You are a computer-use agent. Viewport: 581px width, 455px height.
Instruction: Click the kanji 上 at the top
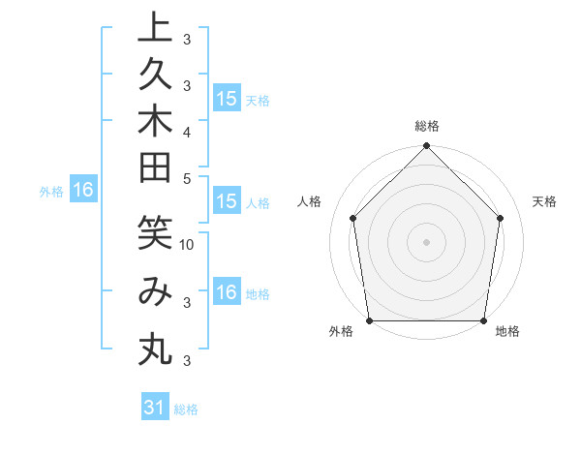[155, 28]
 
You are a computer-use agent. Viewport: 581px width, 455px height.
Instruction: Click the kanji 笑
[155, 235]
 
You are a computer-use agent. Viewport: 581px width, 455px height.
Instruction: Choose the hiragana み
[155, 292]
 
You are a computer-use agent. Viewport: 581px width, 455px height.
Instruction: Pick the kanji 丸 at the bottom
[155, 349]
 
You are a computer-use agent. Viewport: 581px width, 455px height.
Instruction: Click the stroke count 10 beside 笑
[188, 245]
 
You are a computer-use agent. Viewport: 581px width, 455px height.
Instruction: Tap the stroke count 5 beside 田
[187, 178]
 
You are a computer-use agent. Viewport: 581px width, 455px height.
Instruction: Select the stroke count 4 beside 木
[187, 131]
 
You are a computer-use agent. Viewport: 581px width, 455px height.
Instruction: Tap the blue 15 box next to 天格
[227, 99]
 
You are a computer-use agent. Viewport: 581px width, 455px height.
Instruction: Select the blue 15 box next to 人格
[227, 201]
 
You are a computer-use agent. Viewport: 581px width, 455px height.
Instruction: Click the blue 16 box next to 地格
[227, 292]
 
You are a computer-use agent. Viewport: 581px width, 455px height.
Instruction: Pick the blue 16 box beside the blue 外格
[84, 191]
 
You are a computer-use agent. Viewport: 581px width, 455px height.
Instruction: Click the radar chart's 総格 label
[427, 126]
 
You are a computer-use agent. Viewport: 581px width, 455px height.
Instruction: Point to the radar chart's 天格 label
[545, 201]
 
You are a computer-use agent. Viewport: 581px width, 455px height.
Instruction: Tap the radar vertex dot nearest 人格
[353, 218]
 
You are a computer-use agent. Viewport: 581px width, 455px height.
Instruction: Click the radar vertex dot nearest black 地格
[484, 320]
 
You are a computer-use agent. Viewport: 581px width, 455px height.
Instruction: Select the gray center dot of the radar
[427, 241]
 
